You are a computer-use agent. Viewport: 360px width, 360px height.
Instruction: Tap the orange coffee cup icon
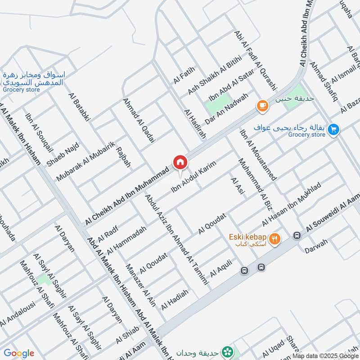261,106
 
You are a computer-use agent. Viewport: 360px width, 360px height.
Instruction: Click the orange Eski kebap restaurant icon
275,239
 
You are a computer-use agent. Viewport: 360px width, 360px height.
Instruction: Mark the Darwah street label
315,246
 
